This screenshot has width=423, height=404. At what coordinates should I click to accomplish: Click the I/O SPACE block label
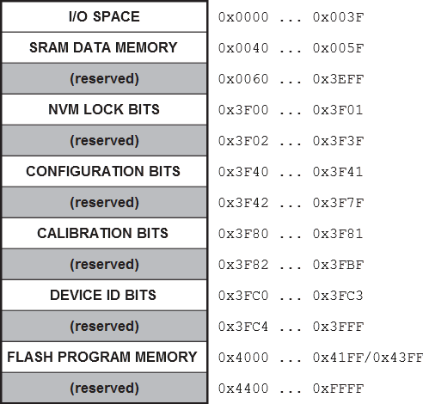pyautogui.click(x=104, y=16)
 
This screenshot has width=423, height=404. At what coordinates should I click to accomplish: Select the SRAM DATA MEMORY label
pyautogui.click(x=103, y=47)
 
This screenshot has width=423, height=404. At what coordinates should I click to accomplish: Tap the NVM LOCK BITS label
pyautogui.click(x=104, y=109)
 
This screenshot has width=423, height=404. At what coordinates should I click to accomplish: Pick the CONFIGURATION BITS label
pyautogui.click(x=103, y=171)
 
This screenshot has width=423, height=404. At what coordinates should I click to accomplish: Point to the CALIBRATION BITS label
pyautogui.click(x=102, y=233)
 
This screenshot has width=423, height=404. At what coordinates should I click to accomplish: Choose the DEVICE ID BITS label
pyautogui.click(x=103, y=295)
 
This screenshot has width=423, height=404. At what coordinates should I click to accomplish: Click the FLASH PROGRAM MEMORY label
pyautogui.click(x=102, y=357)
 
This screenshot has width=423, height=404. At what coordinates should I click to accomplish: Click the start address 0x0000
pyautogui.click(x=243, y=17)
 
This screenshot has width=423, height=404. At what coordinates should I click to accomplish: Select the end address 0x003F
pyautogui.click(x=338, y=17)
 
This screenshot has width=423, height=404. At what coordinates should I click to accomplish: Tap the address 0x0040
pyautogui.click(x=243, y=48)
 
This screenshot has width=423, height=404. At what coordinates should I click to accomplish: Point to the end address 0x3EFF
pyautogui.click(x=338, y=79)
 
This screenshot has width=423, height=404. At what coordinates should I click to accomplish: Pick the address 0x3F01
pyautogui.click(x=338, y=110)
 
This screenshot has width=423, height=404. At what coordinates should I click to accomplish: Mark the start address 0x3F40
pyautogui.click(x=243, y=172)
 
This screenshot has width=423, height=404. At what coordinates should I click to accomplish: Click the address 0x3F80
pyautogui.click(x=243, y=234)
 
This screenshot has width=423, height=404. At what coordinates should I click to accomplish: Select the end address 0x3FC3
pyautogui.click(x=338, y=296)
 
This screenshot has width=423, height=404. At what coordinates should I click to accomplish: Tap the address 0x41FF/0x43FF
pyautogui.click(x=368, y=358)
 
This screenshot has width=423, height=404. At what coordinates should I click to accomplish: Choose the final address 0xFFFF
pyautogui.click(x=338, y=389)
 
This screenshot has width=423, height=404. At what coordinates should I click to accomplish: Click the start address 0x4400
pyautogui.click(x=243, y=389)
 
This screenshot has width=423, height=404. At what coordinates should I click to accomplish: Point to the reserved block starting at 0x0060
pyautogui.click(x=104, y=78)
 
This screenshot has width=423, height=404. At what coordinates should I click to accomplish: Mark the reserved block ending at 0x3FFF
pyautogui.click(x=104, y=326)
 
